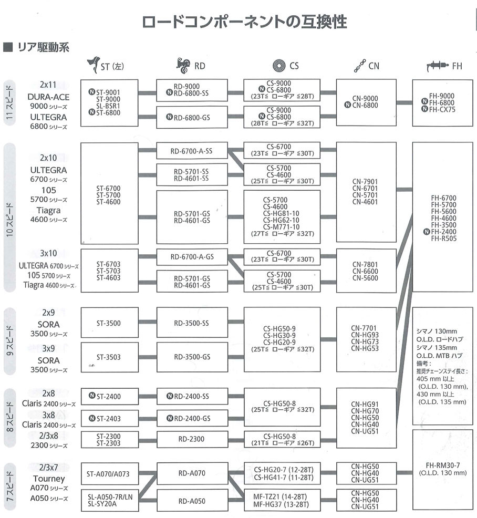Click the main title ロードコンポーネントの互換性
[x=245, y=22]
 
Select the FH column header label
[x=457, y=66]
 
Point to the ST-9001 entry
[x=108, y=92]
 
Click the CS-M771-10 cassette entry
[x=282, y=226]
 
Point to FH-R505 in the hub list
[x=443, y=238]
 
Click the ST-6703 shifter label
[x=108, y=264]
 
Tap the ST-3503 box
[x=108, y=357]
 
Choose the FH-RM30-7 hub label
[x=443, y=465]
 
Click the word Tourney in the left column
[x=49, y=479]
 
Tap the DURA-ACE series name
[x=49, y=97]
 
